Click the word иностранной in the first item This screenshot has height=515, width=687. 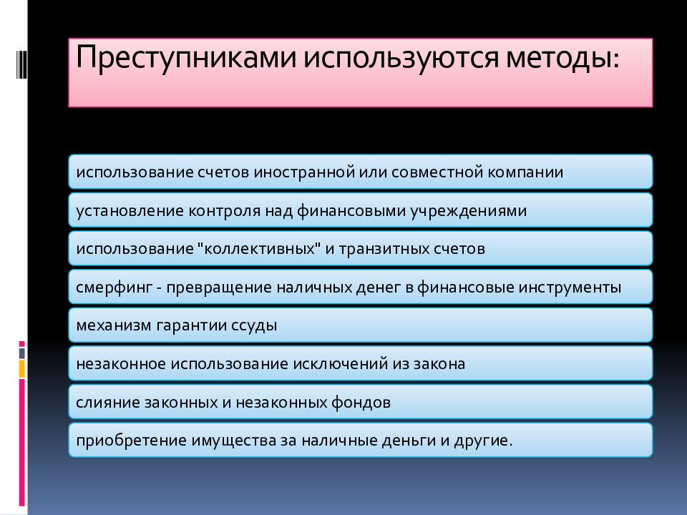(x=301, y=172)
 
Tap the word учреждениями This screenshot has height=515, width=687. (x=468, y=211)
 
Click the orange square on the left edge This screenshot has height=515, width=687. (x=22, y=368)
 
